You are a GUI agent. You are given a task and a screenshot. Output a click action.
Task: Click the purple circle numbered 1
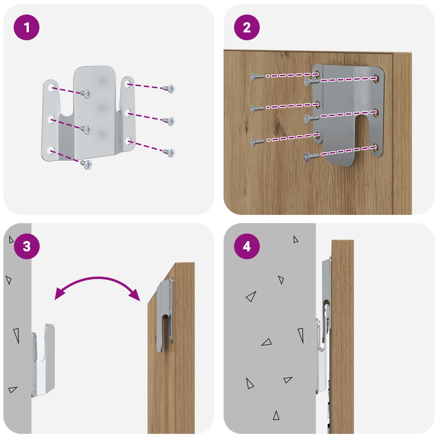[27, 27]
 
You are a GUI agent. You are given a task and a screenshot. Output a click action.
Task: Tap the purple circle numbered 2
[247, 27]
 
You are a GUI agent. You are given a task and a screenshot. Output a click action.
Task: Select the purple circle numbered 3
[27, 246]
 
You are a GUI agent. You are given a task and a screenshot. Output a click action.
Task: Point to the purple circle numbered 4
[247, 246]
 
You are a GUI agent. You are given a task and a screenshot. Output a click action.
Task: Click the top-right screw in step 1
[169, 89]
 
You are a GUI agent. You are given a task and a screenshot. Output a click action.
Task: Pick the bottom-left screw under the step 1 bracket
[87, 164]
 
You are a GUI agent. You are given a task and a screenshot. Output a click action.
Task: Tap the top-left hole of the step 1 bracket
[51, 88]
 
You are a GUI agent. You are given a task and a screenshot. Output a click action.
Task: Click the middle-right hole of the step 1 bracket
[128, 113]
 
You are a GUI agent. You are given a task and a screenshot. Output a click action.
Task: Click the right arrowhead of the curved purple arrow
[134, 295]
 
